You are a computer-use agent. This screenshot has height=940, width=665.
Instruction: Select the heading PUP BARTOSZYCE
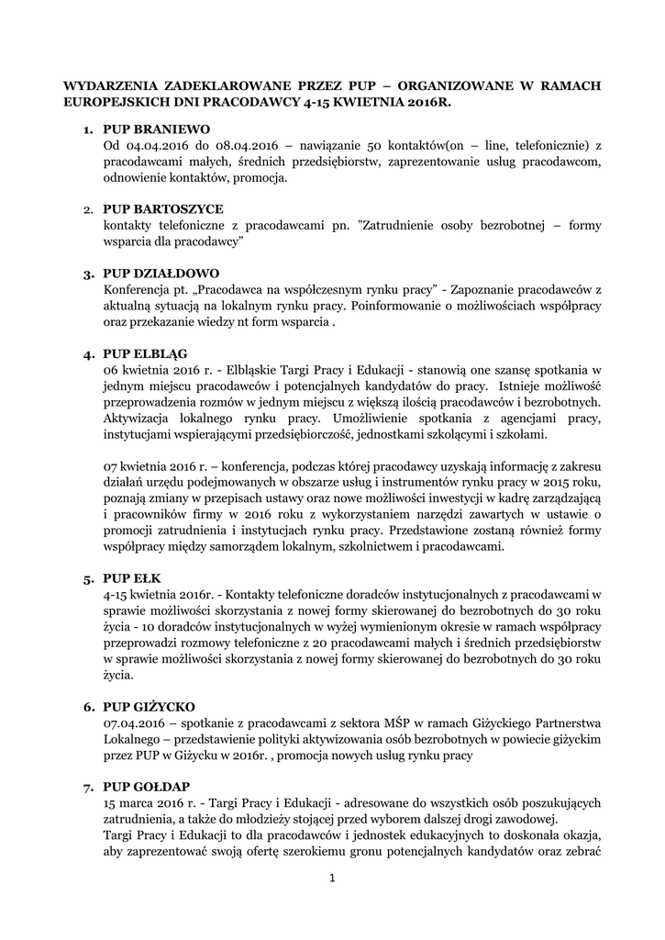(162, 209)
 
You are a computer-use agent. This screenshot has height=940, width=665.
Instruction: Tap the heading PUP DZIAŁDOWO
(161, 274)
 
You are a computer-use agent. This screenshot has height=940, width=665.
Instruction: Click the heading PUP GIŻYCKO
(149, 707)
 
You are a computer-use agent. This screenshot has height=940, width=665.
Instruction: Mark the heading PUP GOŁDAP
(147, 787)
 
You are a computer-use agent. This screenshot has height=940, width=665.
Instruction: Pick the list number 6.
(89, 708)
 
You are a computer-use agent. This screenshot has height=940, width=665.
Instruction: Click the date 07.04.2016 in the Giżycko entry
(135, 723)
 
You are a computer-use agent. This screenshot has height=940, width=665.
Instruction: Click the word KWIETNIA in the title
(375, 102)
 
